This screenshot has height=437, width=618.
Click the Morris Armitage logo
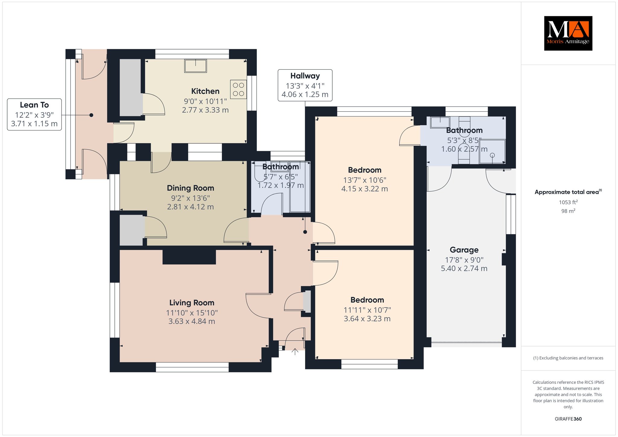click(568, 33)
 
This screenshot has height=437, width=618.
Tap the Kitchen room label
click(205, 91)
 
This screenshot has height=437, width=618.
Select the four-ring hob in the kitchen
click(238, 89)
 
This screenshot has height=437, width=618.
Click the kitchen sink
click(196, 66)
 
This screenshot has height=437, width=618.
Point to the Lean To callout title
click(34, 105)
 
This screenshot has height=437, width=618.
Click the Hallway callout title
click(305, 76)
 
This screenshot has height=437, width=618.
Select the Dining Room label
click(190, 188)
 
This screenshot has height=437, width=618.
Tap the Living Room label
click(192, 303)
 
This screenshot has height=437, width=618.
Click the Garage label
click(464, 250)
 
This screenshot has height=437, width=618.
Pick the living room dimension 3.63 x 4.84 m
click(192, 321)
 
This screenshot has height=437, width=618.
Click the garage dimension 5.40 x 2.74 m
click(464, 269)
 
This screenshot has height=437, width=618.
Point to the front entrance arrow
click(295, 352)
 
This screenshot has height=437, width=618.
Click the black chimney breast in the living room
click(189, 257)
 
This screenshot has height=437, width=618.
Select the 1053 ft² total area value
click(568, 202)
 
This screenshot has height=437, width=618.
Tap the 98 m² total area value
click(568, 211)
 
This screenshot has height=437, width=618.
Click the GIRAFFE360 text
click(568, 419)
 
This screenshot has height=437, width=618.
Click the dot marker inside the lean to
click(91, 115)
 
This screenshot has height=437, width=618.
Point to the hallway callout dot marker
click(305, 232)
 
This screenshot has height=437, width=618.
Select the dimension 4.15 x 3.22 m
click(365, 189)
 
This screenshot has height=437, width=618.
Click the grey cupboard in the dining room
click(132, 230)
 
